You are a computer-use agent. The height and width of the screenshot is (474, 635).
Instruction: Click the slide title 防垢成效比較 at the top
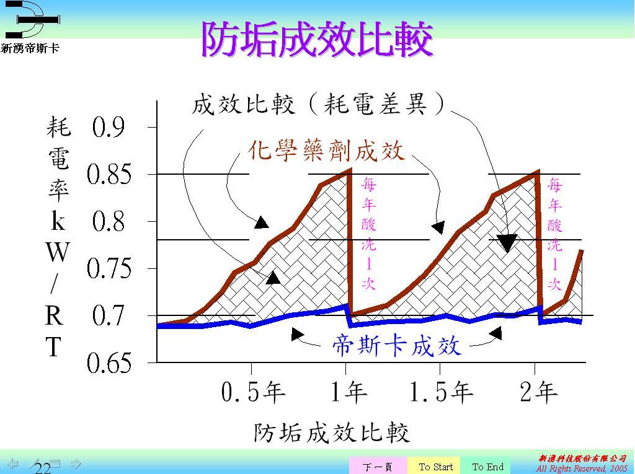click(317, 39)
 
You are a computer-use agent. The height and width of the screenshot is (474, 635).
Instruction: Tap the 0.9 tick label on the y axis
click(108, 127)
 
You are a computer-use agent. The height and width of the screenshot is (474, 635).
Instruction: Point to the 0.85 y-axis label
click(109, 175)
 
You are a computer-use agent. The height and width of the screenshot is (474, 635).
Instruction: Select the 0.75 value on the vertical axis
click(109, 268)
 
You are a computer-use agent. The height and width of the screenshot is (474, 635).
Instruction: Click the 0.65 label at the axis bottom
click(109, 362)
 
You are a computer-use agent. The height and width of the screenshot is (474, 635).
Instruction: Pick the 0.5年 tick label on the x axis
click(253, 392)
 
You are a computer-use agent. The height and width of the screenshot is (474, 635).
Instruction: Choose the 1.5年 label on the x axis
click(441, 392)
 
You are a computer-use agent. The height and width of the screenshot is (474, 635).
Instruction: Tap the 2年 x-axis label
click(539, 392)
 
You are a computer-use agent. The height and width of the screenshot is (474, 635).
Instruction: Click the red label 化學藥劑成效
click(326, 151)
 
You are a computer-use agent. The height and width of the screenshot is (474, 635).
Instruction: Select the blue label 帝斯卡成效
click(396, 346)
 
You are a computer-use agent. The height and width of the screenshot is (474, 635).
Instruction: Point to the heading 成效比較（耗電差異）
click(318, 104)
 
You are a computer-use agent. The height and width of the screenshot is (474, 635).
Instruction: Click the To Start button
click(436, 467)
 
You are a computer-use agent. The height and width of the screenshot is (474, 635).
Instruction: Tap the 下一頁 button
click(378, 467)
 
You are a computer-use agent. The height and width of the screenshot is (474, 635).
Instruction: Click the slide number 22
click(43, 468)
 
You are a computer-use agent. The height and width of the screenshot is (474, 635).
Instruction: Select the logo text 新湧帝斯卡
click(30, 48)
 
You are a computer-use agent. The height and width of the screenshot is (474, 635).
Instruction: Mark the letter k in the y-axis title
click(58, 221)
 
